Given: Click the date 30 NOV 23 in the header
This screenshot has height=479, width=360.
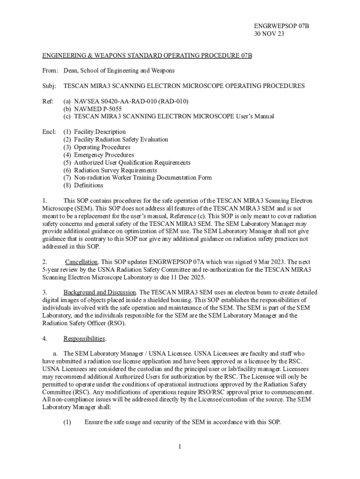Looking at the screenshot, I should point(269,34).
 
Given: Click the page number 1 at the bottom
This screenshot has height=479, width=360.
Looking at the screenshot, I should point(180,447).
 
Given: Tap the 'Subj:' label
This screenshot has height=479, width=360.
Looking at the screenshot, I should point(50,86).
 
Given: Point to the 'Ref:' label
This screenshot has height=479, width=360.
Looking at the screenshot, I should point(49,102).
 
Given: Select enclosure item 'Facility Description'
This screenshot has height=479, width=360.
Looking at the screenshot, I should point(100,132).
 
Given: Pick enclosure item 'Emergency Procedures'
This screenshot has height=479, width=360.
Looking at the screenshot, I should point(104,155).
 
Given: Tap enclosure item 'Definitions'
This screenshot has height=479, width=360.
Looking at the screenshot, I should point(88,185).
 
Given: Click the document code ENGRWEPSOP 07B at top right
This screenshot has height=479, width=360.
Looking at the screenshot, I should point(282,26).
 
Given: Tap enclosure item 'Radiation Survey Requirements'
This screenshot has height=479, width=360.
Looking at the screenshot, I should point(115,170).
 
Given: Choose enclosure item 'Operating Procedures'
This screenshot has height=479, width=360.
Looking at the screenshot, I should point(102,147).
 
